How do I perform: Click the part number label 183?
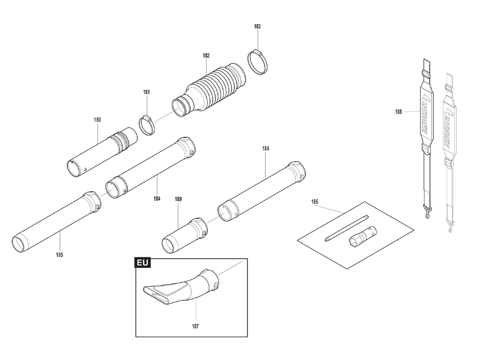pos(258,26)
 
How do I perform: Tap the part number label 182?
pos(206,56)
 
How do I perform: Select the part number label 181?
pos(146,92)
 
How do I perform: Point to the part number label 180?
pos(97,120)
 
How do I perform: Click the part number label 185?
pos(60,255)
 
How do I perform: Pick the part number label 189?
pos(178,199)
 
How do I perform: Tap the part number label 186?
pos(314,201)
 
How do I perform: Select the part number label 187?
pos(195,327)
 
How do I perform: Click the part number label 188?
pos(398,112)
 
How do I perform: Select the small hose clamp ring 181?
pos(147,125)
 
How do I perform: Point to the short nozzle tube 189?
pos(185,235)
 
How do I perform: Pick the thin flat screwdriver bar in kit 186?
pos(346,228)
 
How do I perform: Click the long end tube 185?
pos(56,222)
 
